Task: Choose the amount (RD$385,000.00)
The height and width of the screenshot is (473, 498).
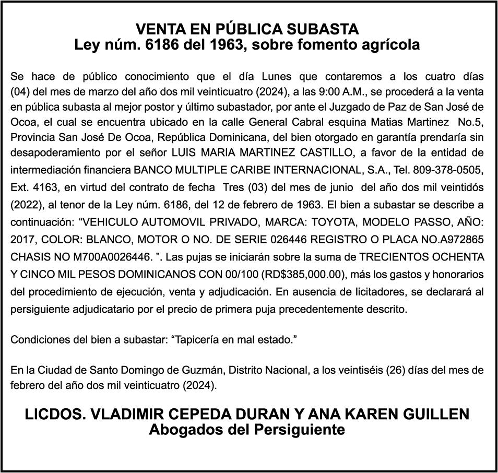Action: pos(303,273)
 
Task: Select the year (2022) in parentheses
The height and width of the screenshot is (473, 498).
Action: pos(26,203)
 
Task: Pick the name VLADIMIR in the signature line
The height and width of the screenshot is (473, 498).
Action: pos(137,415)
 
